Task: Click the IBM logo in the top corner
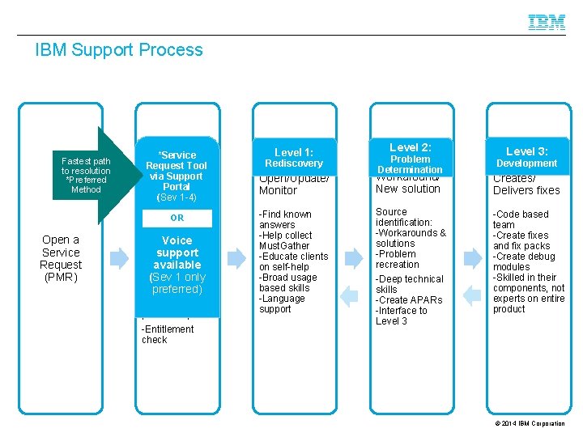[x=547, y=23]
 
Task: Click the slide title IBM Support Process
[x=119, y=50]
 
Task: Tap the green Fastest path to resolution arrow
[x=91, y=176]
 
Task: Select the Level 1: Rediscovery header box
[x=293, y=158]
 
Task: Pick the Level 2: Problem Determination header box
[x=410, y=158]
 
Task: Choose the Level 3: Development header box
[x=526, y=157]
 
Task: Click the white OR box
[x=177, y=218]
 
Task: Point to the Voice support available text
[x=177, y=252]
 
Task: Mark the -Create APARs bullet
[x=409, y=300]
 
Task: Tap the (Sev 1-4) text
[x=177, y=197]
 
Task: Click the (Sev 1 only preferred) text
[x=177, y=283]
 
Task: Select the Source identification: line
[x=404, y=217]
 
